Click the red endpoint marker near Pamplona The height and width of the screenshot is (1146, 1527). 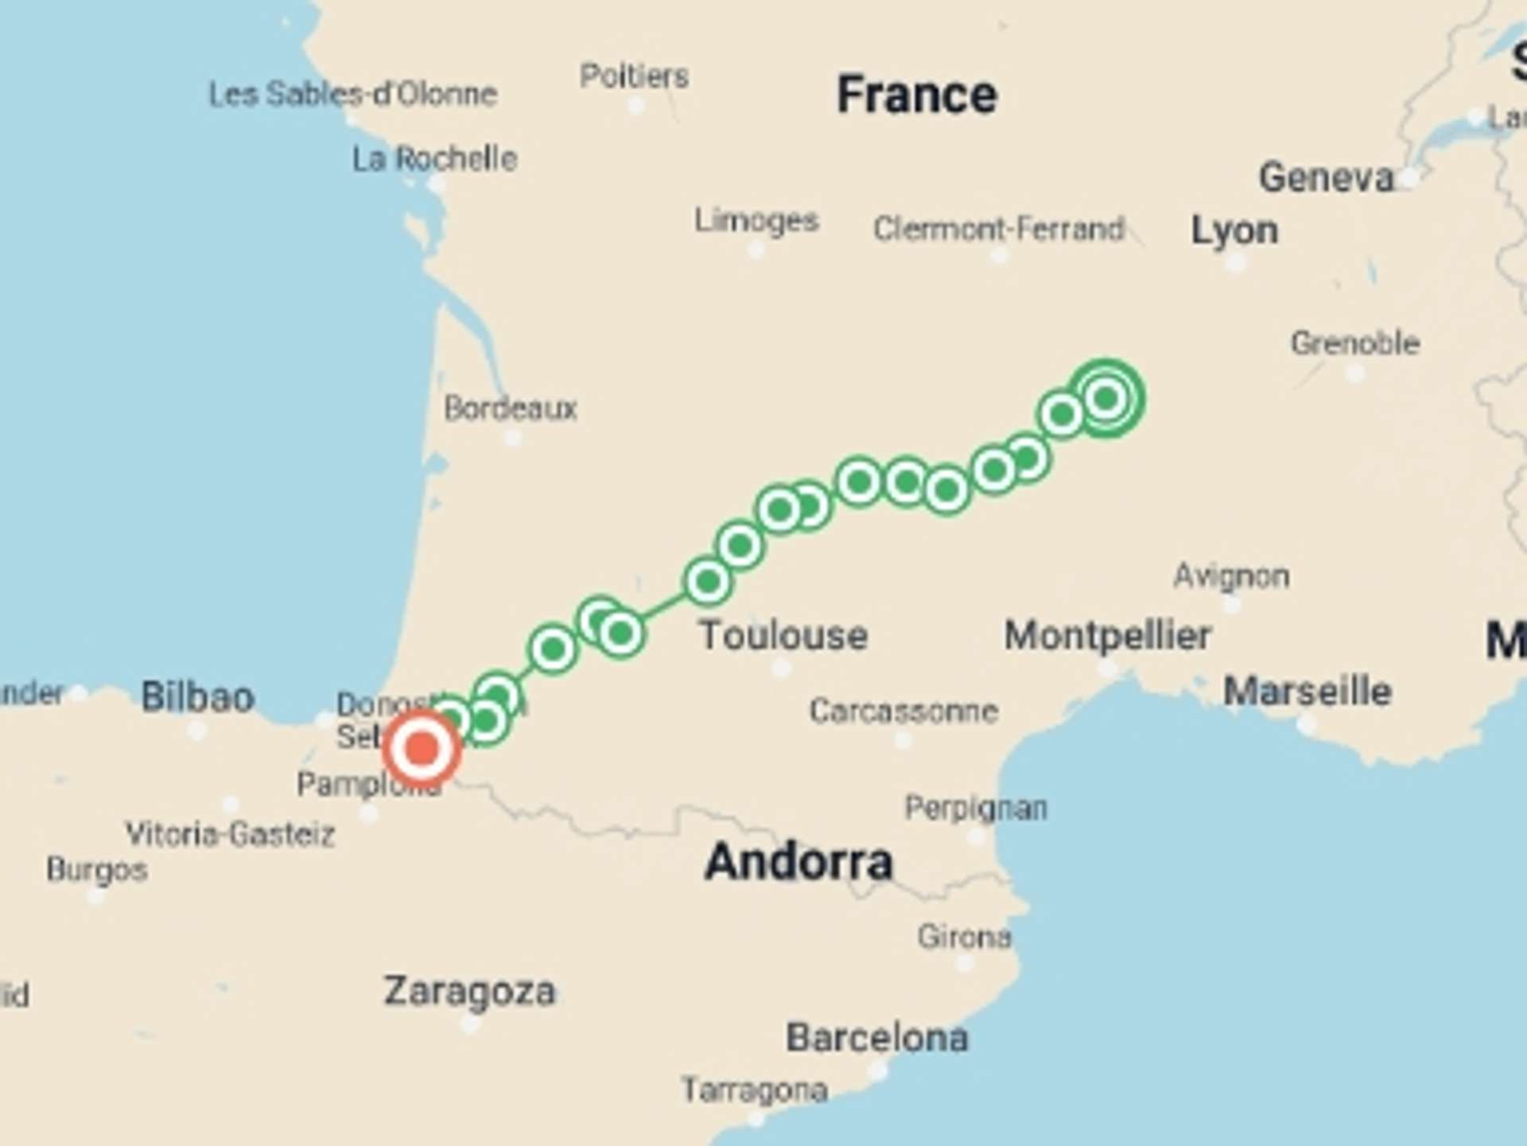click(422, 749)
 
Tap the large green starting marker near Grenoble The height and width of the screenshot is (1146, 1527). click(1106, 398)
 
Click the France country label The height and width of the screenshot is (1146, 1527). click(916, 95)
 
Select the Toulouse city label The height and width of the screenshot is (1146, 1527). click(783, 635)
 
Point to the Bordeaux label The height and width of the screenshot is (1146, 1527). click(510, 408)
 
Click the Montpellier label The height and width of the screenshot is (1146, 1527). click(1107, 635)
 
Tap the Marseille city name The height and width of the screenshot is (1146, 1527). click(1307, 691)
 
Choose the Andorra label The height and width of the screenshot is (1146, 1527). click(798, 862)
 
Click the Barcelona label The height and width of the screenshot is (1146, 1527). click(876, 1038)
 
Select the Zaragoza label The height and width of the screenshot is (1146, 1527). click(469, 992)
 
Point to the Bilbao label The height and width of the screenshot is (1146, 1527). click(198, 696)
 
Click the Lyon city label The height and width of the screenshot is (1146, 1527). click(1234, 231)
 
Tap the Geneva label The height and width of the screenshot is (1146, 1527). click(1326, 177)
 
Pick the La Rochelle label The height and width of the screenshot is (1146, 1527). click(434, 158)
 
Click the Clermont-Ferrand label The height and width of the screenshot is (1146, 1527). click(998, 229)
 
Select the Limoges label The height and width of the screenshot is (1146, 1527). click(756, 220)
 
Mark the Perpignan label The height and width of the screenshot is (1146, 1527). click(975, 808)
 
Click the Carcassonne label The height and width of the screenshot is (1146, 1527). click(903, 710)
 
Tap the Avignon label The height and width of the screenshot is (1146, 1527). click(1231, 575)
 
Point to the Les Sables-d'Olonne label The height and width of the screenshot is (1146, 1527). click(352, 94)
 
